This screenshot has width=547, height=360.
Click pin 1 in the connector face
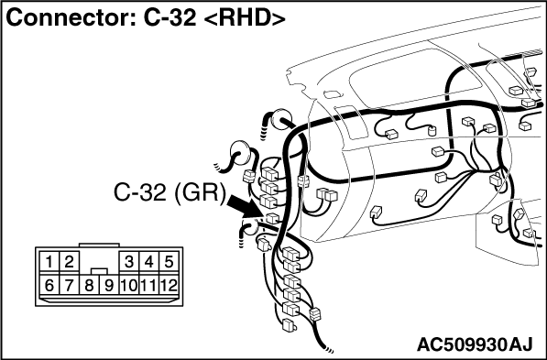coord(49,262)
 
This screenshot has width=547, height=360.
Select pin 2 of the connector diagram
coord(69,262)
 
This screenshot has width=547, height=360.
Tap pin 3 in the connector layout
coord(129,262)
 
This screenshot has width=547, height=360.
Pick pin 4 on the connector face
coord(149,262)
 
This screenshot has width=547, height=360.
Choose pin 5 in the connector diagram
coord(169,262)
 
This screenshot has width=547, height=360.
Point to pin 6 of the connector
coord(49,285)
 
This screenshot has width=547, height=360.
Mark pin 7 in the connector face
coord(69,285)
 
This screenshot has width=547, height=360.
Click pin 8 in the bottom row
coord(89,285)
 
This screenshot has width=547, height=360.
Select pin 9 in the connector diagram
coord(109,285)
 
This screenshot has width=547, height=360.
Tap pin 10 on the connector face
coord(129,285)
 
